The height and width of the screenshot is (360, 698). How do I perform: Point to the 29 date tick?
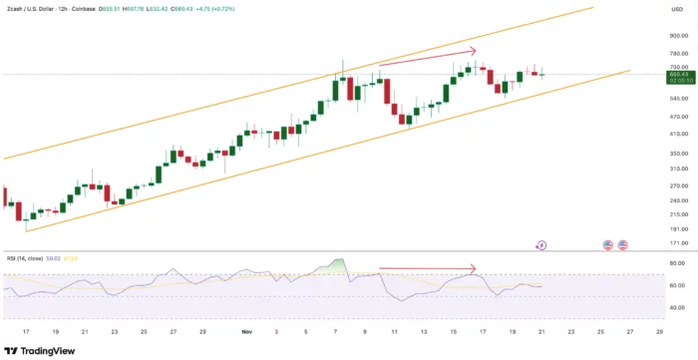pos(202,330)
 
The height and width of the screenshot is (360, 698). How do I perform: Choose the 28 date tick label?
pos(659,330)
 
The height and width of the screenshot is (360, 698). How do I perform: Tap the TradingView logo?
pos(41,350)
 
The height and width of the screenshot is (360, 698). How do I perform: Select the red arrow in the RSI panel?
pos(428,269)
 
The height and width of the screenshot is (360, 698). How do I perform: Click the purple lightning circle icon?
pos(541,244)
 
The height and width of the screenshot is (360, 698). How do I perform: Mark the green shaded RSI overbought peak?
pos(339,266)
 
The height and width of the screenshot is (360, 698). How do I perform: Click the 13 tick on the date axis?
pos(424,330)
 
